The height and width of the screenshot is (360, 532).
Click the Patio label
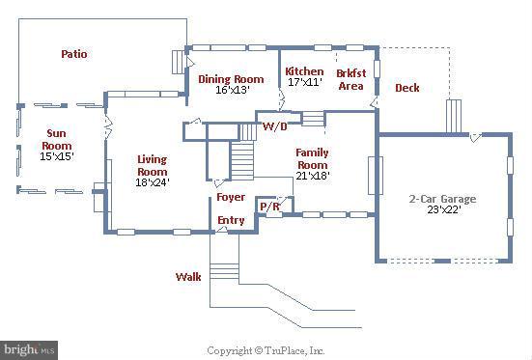74,54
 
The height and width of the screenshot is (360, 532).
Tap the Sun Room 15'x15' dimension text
57,156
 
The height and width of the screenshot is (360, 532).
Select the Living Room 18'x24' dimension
153,182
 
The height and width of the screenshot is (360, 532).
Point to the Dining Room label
231,79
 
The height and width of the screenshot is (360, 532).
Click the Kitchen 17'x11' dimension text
305,82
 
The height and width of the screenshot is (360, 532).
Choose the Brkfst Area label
351,80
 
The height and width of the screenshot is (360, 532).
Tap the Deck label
407,88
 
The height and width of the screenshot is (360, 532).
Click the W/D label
275,126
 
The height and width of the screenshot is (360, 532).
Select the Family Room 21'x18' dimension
313,176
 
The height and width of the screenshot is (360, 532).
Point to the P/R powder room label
269,207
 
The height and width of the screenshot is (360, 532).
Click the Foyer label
231,197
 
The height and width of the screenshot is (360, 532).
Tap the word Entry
231,221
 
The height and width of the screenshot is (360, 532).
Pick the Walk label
188,277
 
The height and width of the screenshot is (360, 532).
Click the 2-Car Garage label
443,199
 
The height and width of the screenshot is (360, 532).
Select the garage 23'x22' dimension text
444,209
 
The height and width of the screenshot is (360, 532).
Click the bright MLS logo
29,349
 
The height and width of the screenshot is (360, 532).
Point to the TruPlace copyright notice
266,350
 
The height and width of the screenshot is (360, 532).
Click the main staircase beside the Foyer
242,161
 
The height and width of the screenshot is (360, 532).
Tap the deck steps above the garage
454,116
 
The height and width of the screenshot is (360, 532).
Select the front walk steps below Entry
224,271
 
